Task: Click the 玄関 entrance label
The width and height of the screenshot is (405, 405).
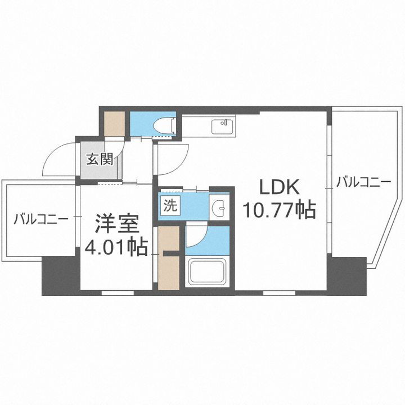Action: tap(100, 159)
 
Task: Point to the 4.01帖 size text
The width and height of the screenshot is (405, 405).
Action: tap(116, 246)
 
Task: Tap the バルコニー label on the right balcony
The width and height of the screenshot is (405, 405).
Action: tap(363, 183)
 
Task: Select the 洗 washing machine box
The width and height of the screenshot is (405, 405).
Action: tap(169, 205)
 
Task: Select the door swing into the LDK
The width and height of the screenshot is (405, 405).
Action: tap(172, 157)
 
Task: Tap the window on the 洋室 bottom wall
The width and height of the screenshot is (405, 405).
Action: tap(118, 292)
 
